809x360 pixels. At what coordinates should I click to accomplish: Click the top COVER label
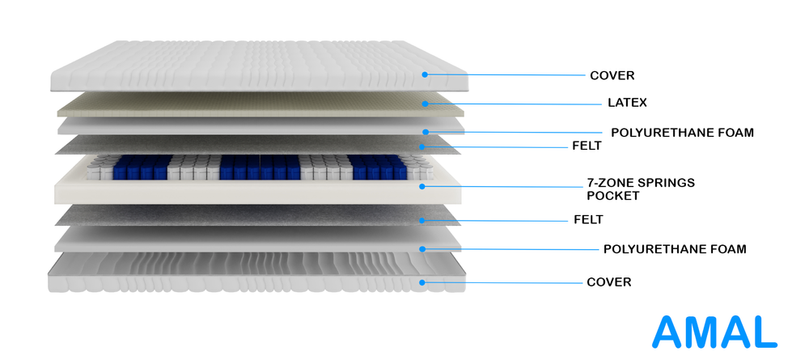click(x=612, y=76)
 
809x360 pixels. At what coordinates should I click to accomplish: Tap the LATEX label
click(x=627, y=103)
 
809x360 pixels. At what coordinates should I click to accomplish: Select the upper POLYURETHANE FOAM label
click(x=682, y=133)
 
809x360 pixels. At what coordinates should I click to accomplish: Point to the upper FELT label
click(x=587, y=146)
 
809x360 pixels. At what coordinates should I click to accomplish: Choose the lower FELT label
click(x=588, y=220)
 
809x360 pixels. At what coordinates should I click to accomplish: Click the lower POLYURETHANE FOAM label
click(x=675, y=249)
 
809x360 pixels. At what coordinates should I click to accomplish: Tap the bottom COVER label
click(x=609, y=282)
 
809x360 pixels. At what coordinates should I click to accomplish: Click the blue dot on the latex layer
click(x=425, y=104)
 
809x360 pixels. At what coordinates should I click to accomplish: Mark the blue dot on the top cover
click(x=425, y=74)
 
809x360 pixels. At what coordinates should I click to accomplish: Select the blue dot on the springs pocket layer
click(x=422, y=186)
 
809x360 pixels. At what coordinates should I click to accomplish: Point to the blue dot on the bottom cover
click(x=422, y=282)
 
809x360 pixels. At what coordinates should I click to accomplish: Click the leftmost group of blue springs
click(x=142, y=167)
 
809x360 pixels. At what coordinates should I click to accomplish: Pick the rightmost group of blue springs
click(x=378, y=167)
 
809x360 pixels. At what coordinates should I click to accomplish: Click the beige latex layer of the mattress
click(x=260, y=104)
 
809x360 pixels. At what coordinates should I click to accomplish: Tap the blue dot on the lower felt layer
click(x=422, y=220)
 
